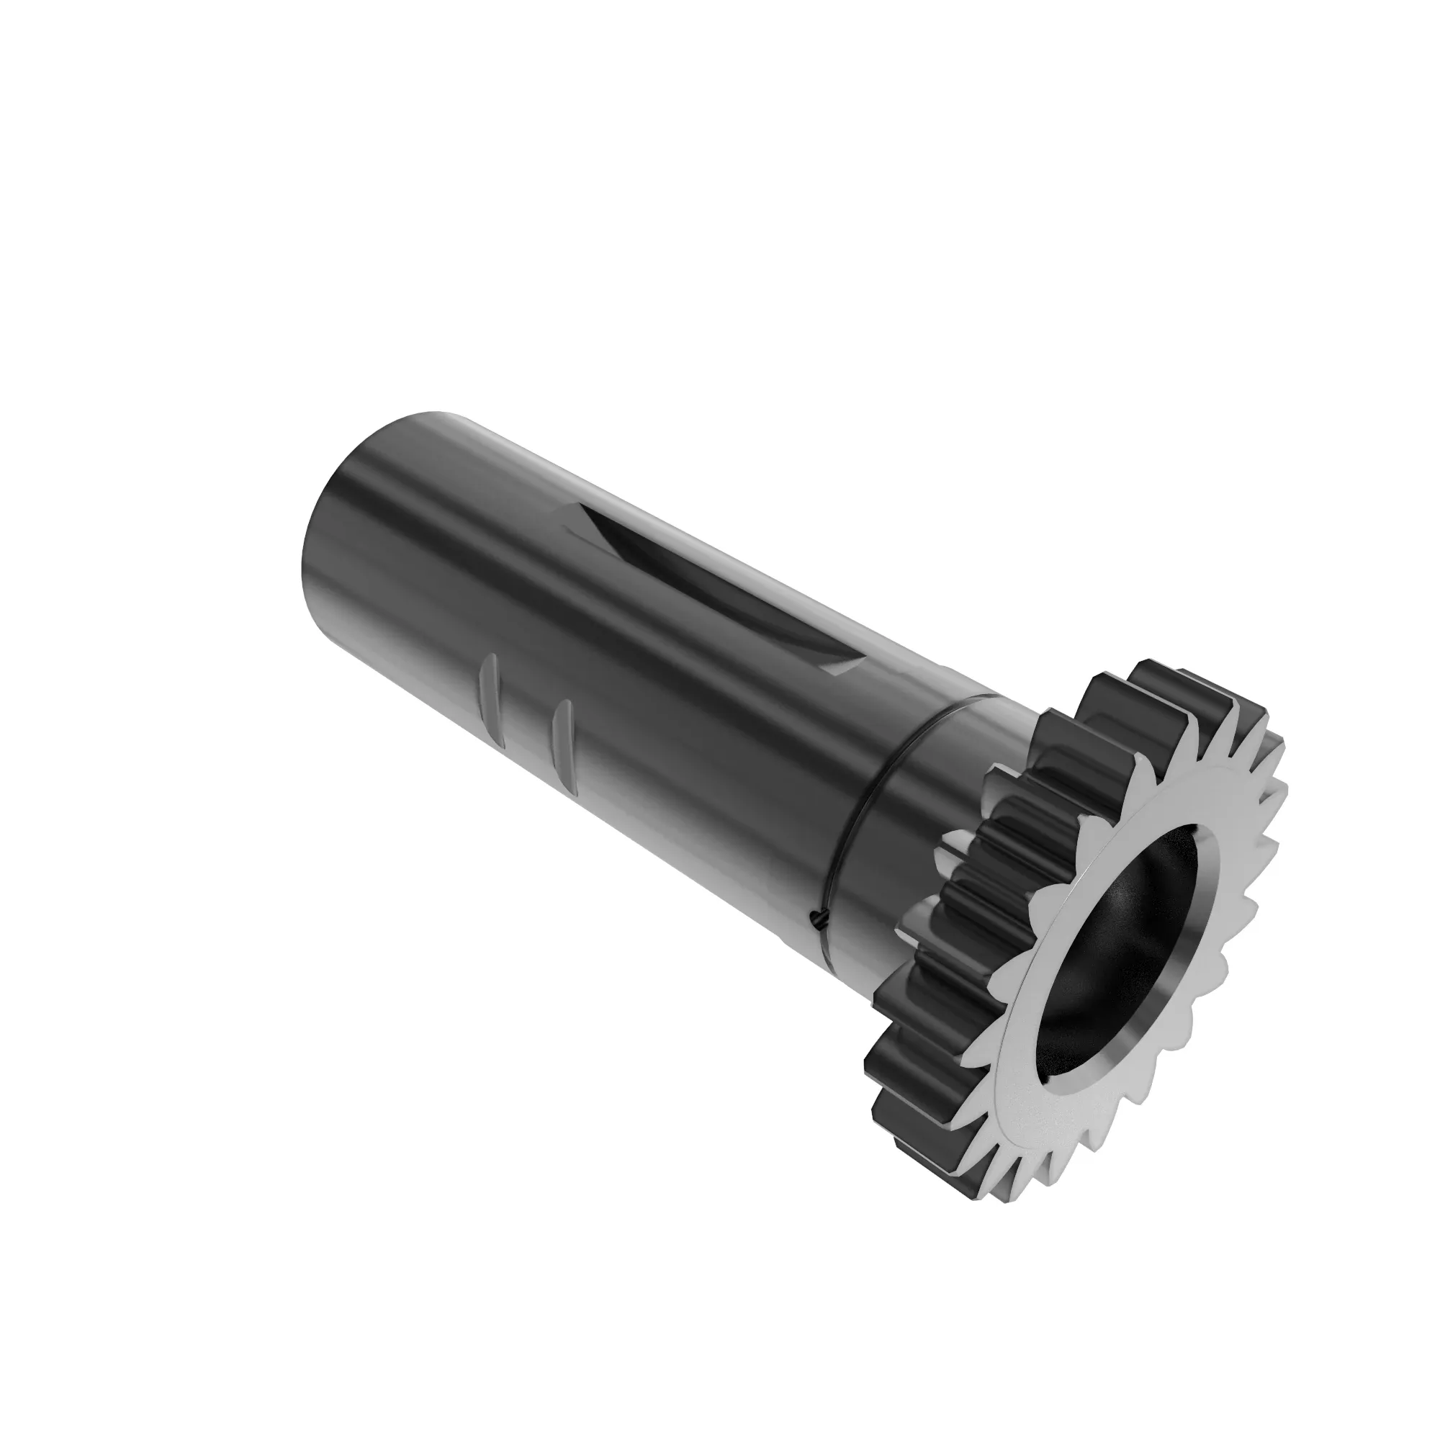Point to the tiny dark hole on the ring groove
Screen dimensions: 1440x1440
[x=818, y=922]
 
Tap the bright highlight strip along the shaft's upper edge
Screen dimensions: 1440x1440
[x=671, y=522]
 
